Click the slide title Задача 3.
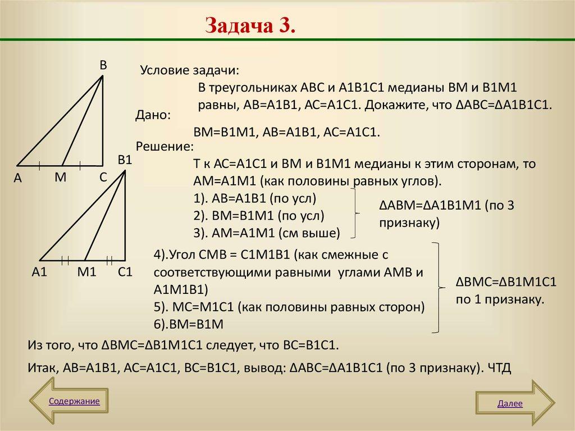coord(250,25)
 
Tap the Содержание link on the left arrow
coord(74,401)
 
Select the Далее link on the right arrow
coord(510,403)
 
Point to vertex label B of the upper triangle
coord(103,65)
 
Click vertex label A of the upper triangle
coord(17,178)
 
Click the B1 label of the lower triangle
coord(124,160)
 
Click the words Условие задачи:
coord(189,71)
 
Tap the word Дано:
coord(153,115)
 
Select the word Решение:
coord(165,147)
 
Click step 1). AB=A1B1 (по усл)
coord(255,198)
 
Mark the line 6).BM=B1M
coord(189,324)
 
